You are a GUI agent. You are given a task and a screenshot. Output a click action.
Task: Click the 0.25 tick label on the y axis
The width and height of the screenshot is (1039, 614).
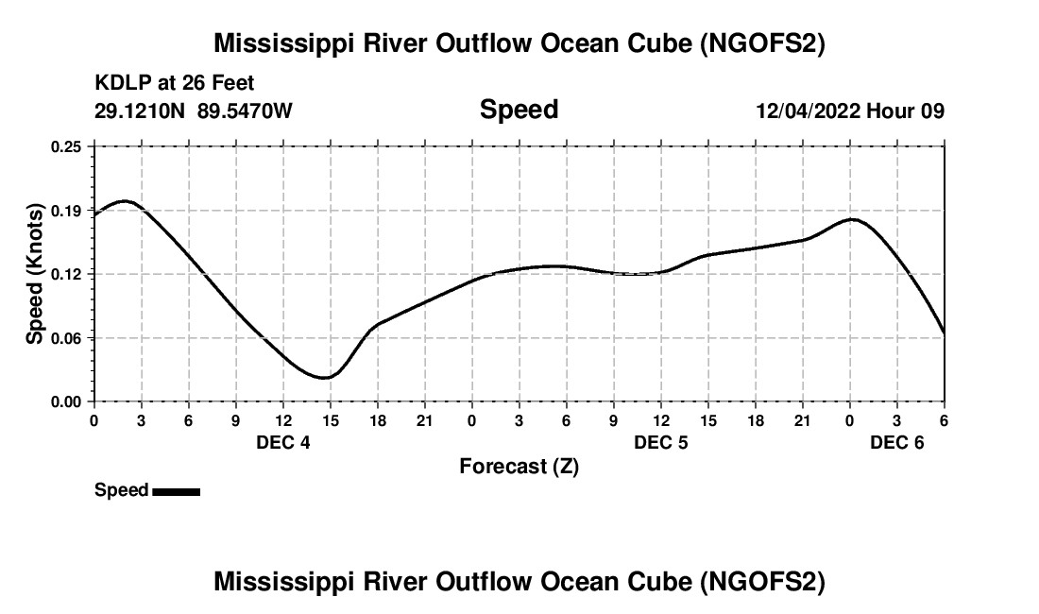(67, 146)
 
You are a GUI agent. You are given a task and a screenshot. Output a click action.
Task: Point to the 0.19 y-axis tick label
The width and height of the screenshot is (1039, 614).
(67, 210)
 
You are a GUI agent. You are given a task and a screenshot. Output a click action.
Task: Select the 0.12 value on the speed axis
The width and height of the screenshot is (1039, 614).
(67, 274)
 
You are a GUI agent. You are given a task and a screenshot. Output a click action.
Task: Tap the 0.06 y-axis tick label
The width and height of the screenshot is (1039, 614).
(67, 338)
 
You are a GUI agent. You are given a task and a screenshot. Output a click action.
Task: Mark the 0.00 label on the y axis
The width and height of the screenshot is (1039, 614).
(67, 401)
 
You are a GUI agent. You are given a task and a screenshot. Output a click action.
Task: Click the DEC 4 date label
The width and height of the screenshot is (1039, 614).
(283, 442)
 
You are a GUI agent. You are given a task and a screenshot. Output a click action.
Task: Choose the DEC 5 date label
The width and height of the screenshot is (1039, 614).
(661, 442)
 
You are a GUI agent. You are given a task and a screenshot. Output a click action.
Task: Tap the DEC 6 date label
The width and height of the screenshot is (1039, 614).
(897, 442)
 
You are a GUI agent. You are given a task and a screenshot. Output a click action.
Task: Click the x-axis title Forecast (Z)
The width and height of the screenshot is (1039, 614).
(519, 467)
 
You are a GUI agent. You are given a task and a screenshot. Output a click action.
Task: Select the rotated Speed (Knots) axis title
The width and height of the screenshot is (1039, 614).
(35, 274)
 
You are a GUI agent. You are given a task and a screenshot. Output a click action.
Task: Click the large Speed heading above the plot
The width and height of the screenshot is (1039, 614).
(519, 110)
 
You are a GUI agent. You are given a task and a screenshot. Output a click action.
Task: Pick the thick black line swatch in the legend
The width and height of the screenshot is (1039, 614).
(176, 491)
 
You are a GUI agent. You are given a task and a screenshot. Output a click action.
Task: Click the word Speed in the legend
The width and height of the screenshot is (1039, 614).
(121, 490)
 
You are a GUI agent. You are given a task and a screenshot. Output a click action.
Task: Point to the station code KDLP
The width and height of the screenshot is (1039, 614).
(121, 84)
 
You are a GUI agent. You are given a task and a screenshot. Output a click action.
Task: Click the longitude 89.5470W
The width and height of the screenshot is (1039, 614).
(245, 111)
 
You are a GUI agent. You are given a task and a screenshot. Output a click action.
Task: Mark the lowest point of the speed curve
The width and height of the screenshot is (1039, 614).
(324, 378)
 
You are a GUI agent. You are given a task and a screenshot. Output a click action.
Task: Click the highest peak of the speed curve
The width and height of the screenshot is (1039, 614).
(125, 201)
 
